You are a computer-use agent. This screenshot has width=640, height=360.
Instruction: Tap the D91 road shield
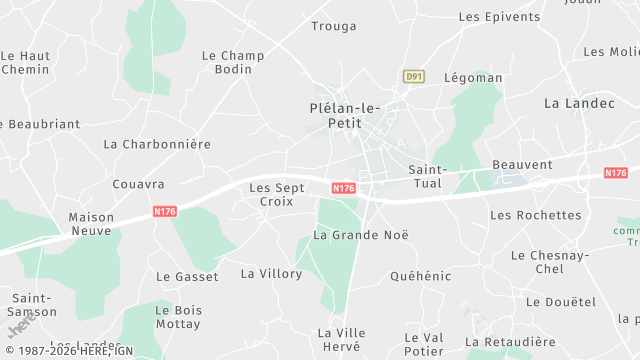click(413, 76)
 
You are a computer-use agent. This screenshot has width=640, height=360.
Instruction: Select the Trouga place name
click(334, 26)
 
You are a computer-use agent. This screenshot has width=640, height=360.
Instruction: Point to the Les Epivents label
click(498, 17)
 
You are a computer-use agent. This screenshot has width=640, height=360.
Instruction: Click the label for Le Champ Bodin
click(233, 62)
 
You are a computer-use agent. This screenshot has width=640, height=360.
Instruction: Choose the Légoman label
click(473, 77)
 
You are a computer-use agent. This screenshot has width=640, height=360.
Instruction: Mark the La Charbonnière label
click(157, 144)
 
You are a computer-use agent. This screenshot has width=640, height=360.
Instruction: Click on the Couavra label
click(138, 184)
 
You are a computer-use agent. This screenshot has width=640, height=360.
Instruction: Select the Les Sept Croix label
click(273, 194)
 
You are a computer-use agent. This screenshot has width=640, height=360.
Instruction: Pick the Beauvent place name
click(522, 164)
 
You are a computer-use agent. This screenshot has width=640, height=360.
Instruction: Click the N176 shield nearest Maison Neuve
click(166, 211)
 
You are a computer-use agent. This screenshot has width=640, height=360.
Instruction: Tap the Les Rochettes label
click(535, 215)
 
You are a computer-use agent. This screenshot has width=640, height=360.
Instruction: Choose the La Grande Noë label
click(361, 235)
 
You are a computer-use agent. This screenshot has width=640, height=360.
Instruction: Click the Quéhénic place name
click(420, 276)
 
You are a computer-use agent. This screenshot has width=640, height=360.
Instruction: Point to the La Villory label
click(271, 273)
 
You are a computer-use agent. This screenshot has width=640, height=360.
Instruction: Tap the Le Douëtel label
click(560, 302)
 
